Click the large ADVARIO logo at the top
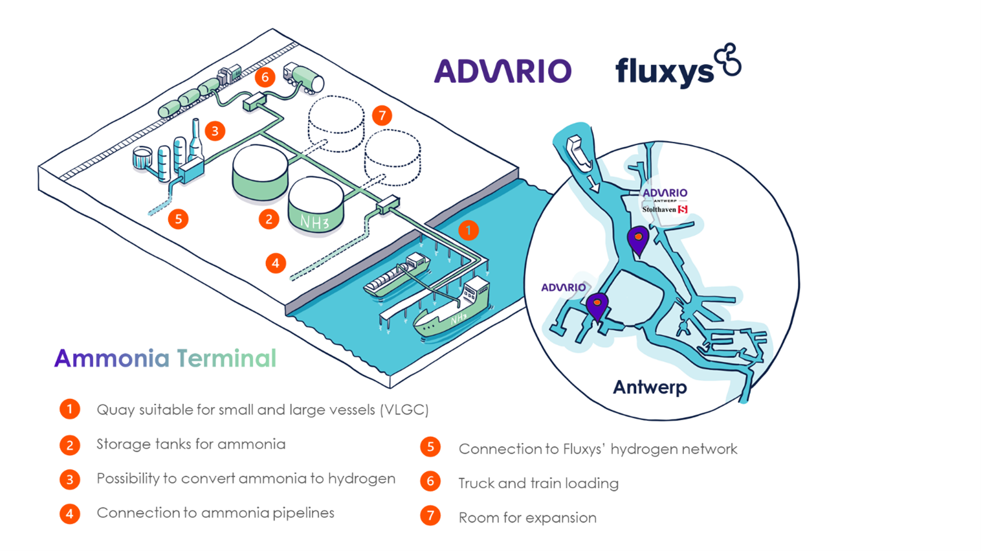(502, 71)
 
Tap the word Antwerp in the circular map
(650, 387)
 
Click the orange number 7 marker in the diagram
(382, 116)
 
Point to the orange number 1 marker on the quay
(468, 230)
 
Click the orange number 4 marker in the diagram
(276, 263)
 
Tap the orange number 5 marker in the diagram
(179, 219)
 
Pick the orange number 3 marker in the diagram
(215, 131)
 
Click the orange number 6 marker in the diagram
(265, 77)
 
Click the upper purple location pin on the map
(638, 240)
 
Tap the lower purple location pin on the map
(597, 306)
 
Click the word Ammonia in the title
(111, 358)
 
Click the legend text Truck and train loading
(538, 484)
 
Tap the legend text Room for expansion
(527, 518)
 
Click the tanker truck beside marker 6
(304, 77)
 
